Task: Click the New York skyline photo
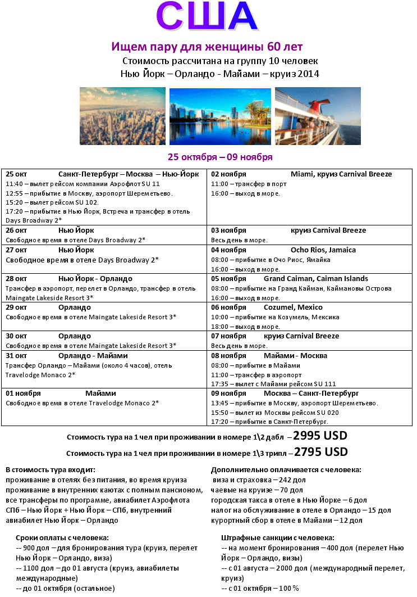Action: tap(122, 116)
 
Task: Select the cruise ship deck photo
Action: tap(318, 116)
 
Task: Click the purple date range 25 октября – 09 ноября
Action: tap(220, 157)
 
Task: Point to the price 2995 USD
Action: tap(320, 436)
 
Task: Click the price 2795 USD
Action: tap(321, 452)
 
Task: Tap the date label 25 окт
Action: tap(16, 174)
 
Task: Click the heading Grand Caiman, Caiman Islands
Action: tap(316, 279)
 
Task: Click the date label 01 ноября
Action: tap(23, 394)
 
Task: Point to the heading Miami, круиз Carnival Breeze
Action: tap(341, 174)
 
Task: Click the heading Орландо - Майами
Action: tap(93, 356)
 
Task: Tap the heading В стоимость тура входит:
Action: tap(51, 469)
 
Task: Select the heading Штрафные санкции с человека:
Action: tap(278, 538)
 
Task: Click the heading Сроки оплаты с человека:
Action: tap(62, 538)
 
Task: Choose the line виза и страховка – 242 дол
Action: tap(259, 480)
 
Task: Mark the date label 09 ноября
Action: tap(228, 394)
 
